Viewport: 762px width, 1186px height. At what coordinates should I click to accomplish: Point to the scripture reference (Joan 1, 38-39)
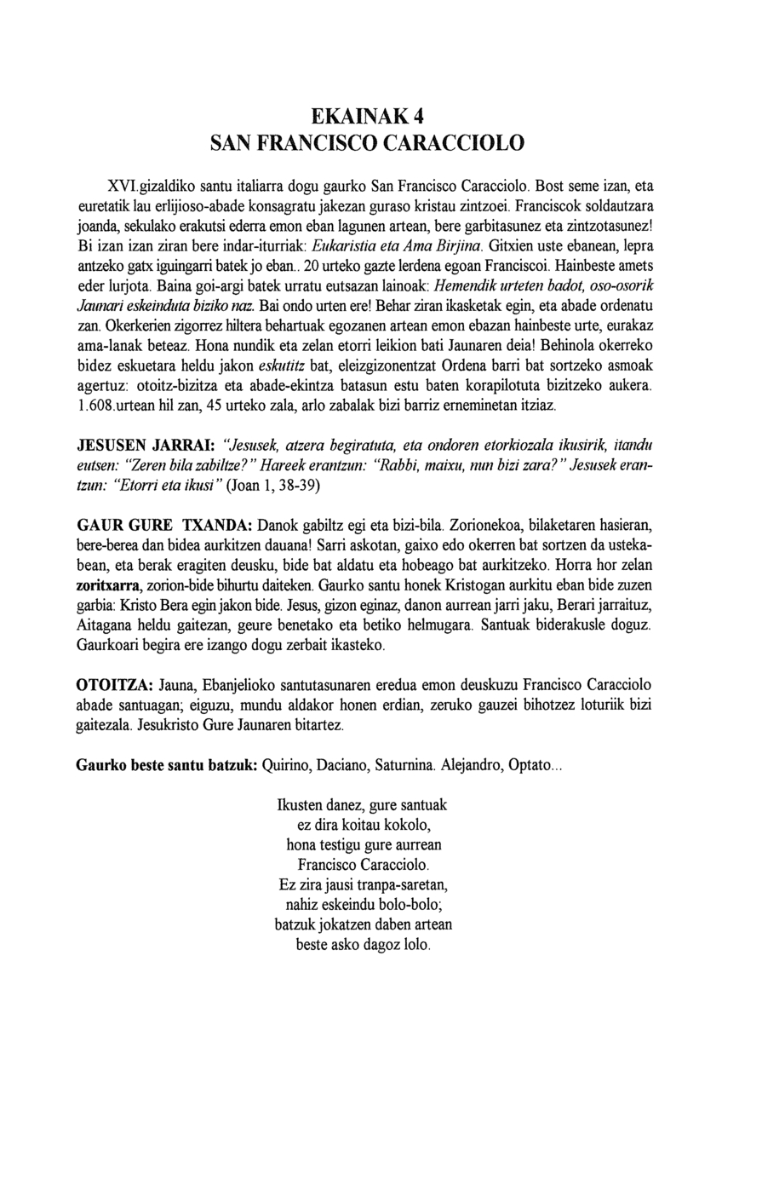[275, 486]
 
